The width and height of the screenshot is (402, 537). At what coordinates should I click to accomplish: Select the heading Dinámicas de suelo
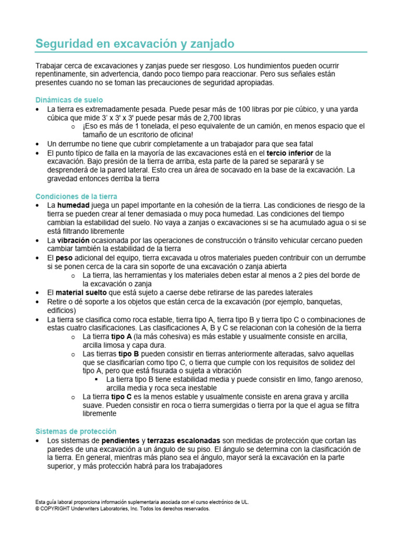[69, 100]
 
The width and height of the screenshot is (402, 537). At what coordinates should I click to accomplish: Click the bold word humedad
[73, 205]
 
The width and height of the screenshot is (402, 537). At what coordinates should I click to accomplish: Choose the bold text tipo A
[121, 336]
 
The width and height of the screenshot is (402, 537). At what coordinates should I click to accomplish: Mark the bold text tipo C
[121, 396]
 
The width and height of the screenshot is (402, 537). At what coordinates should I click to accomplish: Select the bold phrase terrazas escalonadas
[184, 440]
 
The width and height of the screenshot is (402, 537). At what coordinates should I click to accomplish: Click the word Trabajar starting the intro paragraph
[50, 66]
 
